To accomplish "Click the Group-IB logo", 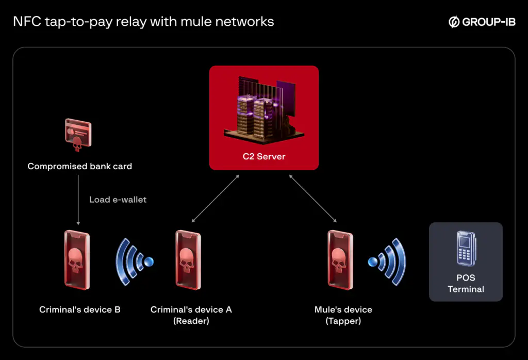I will point(482,22).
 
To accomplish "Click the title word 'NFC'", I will point(26,22).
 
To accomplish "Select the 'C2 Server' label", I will point(263,156).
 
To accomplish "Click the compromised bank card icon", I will point(78,135).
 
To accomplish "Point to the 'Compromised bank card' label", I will point(79,167).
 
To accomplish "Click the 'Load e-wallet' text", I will point(118,200).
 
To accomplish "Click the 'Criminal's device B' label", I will point(80,309).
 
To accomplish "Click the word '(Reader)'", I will point(191,321).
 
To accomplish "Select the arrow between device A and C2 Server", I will point(215,199).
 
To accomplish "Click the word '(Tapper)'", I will point(343,321).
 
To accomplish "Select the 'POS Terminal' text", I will point(466,284).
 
